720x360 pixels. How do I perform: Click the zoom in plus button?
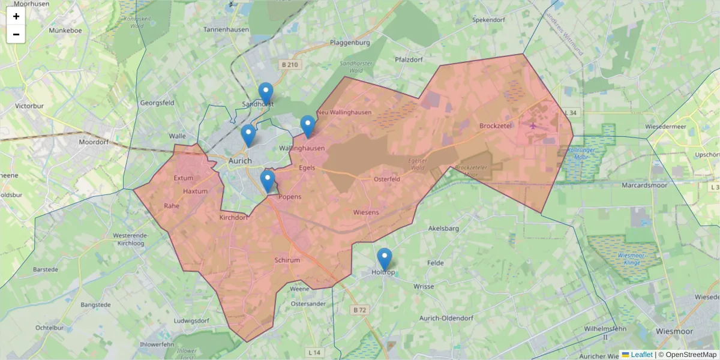click(16, 16)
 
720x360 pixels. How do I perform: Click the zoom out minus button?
click(16, 34)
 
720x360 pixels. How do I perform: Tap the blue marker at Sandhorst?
click(266, 94)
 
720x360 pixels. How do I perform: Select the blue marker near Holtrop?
click(385, 259)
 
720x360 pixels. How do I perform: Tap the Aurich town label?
click(240, 161)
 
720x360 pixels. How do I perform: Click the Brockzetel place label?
click(496, 126)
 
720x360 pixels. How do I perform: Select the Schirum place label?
click(287, 260)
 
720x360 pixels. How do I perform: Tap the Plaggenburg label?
click(350, 43)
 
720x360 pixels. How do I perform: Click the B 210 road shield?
click(289, 65)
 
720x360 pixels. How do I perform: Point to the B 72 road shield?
click(359, 310)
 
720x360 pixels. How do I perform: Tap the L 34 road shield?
click(571, 113)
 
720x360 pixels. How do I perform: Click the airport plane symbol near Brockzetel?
click(533, 125)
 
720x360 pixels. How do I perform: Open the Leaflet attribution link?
click(641, 355)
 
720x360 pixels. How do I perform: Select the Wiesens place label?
click(366, 213)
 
